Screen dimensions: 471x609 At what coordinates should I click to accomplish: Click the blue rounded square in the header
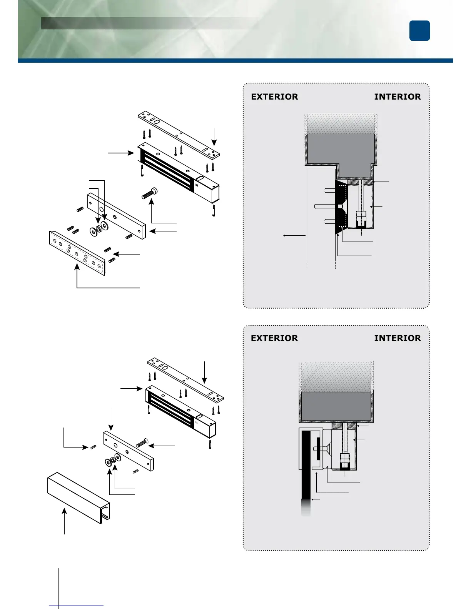point(419,31)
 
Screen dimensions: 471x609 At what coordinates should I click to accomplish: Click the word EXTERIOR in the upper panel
point(274,97)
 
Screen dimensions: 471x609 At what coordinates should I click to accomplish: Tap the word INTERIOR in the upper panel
point(398,97)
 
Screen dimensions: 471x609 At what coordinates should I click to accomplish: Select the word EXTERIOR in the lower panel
point(274,338)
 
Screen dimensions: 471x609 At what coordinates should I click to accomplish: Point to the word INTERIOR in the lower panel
point(398,338)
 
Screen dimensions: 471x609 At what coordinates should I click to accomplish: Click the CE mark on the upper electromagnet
point(197,185)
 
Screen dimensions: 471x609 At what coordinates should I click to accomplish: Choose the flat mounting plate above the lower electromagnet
point(185,378)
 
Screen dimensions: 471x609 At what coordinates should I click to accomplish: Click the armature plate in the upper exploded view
point(117,216)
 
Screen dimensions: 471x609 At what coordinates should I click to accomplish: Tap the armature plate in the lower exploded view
point(128,451)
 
